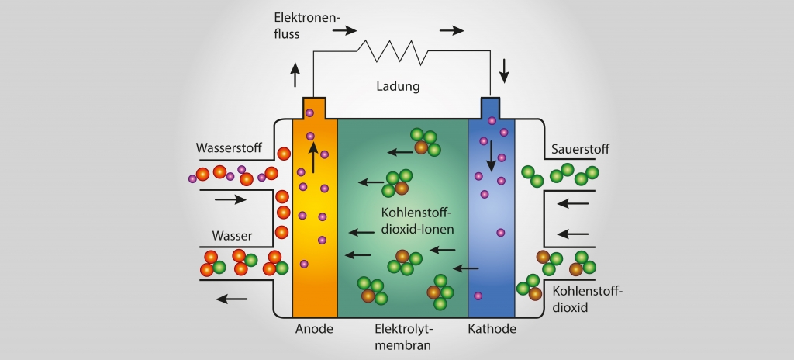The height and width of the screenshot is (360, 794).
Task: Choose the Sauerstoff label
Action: (x=581, y=147)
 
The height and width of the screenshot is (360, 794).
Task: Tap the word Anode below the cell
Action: (x=314, y=328)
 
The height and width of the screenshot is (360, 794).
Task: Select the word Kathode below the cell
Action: (x=492, y=328)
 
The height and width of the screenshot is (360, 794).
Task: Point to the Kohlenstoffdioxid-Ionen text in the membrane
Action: (x=417, y=221)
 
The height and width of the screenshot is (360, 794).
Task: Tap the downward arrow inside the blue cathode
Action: (x=491, y=157)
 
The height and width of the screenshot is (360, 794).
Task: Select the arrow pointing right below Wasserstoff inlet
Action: (x=230, y=199)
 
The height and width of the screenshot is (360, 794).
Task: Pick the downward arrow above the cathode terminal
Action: (x=505, y=71)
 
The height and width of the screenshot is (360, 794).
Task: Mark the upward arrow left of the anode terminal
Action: (x=295, y=75)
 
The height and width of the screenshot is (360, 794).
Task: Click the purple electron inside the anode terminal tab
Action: (x=309, y=113)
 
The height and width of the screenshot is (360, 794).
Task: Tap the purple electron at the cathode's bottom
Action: (x=478, y=296)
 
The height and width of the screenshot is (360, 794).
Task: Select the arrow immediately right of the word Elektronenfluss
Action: (x=345, y=31)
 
